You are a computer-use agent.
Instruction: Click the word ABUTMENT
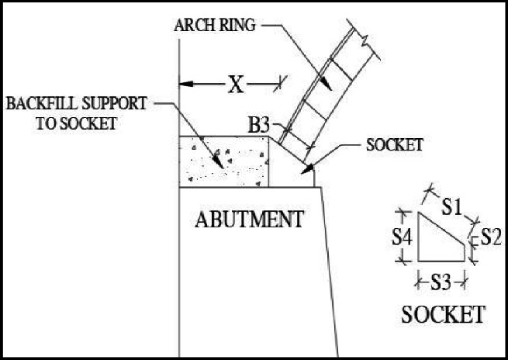pos(248,220)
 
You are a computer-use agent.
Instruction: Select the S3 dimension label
pos(441,282)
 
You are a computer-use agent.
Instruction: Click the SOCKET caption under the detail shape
pos(444,315)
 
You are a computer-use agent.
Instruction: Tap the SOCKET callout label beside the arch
pos(395,145)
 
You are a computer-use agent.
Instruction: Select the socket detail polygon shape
pos(439,241)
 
